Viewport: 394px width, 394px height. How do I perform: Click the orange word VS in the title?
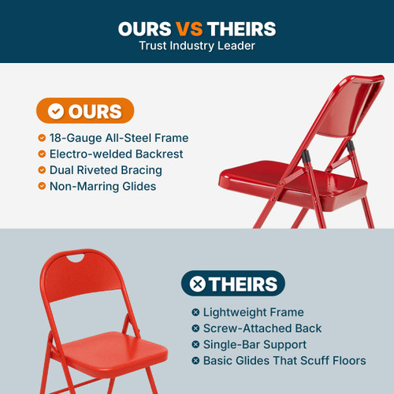189,29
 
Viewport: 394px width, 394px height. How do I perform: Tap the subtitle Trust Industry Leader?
196,46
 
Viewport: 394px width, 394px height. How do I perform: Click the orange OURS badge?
85,111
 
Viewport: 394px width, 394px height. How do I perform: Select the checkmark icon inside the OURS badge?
55,111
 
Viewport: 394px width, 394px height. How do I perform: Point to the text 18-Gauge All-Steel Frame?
119,138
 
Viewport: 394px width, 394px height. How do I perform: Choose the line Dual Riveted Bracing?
106,170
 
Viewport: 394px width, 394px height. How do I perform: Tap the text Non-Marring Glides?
102,186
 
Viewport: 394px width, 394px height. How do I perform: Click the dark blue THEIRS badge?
232,284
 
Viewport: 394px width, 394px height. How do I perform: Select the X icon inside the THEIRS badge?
198,284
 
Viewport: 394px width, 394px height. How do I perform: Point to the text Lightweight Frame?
253,313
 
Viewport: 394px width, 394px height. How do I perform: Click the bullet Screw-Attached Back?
262,329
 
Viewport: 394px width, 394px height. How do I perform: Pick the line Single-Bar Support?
255,344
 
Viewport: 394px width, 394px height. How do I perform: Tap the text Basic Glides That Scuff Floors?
284,360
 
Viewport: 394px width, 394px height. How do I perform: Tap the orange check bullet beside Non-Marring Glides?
42,186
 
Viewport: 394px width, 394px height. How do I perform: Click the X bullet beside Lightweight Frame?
195,313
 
